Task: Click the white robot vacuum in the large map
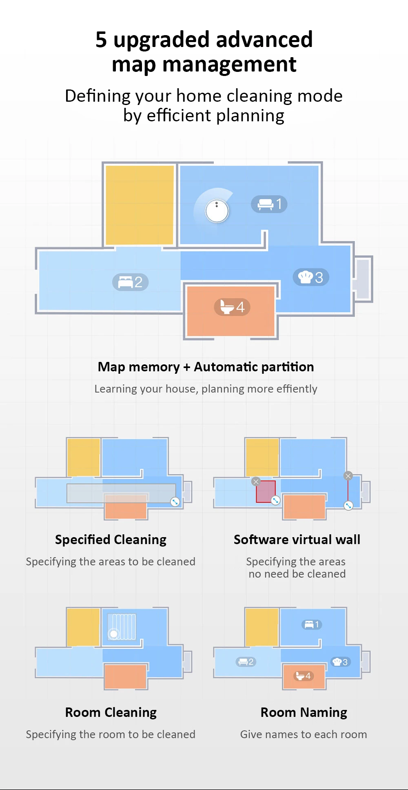point(217,211)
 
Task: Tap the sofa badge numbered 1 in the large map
point(269,204)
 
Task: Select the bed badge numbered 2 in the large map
point(130,282)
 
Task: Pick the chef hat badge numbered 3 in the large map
point(310,277)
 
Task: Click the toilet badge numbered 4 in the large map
point(232,307)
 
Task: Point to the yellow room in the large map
point(139,205)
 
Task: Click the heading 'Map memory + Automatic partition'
point(206,367)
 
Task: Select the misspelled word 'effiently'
point(297,389)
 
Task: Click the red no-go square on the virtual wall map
point(265,491)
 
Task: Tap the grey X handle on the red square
point(256,482)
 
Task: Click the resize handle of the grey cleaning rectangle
point(175,502)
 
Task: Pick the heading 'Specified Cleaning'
point(111,540)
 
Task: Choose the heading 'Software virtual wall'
point(297,540)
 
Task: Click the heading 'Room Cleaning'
point(111,712)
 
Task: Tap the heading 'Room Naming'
point(304,712)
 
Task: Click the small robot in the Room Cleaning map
point(113,634)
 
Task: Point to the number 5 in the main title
point(101,40)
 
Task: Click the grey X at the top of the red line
point(348,475)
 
